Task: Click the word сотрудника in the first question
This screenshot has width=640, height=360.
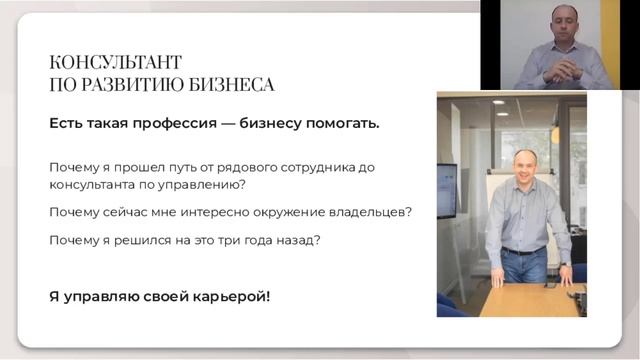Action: pyautogui.click(x=319, y=166)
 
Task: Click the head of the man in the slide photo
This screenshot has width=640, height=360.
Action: pyautogui.click(x=524, y=165)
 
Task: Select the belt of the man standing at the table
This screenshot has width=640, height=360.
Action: pyautogui.click(x=522, y=250)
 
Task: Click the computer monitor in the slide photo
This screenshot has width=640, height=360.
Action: pyautogui.click(x=446, y=189)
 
